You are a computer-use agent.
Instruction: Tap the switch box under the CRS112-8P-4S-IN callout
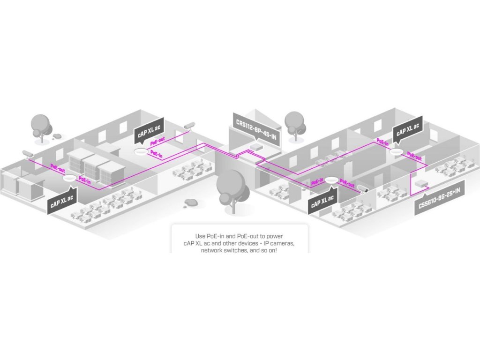[x=256, y=146]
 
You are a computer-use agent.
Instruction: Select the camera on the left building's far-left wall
[x=28, y=154]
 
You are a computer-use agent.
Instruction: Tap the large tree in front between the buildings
[x=232, y=187]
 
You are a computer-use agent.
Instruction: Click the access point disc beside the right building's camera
[x=331, y=180]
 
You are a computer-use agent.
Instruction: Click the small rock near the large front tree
[x=191, y=202]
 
